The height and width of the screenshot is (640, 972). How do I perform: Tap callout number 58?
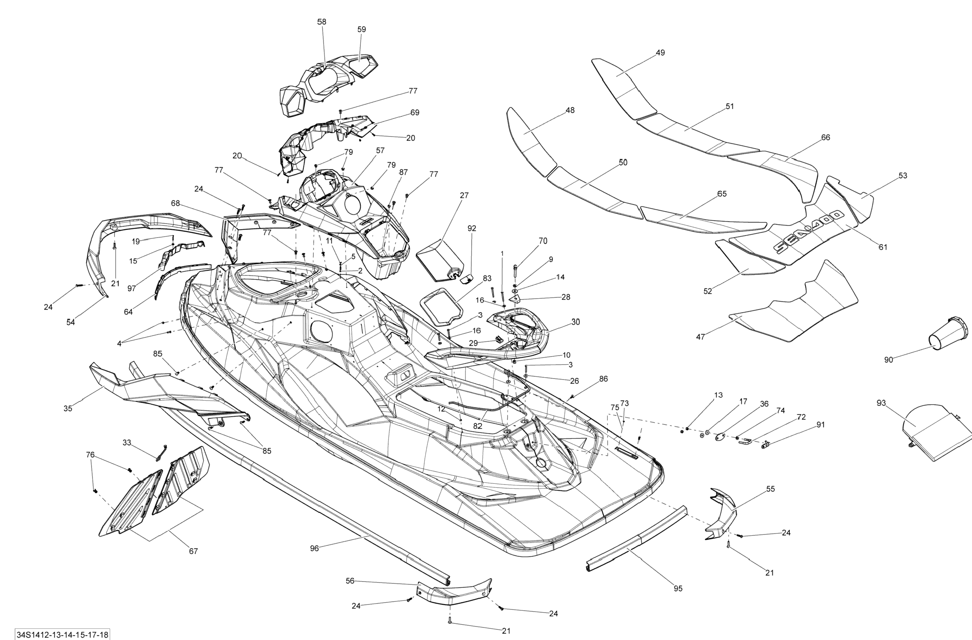pos(322,22)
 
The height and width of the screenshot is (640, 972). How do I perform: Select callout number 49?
pos(660,53)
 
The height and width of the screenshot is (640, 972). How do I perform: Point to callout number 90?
pos(888,360)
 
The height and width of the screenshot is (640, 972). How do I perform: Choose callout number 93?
pos(881,403)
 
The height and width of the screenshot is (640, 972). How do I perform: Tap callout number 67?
pos(193,551)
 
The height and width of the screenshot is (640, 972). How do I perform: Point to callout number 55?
pos(770,489)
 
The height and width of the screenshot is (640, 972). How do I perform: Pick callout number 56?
pos(350,581)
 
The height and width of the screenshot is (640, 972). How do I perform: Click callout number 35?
pos(68,408)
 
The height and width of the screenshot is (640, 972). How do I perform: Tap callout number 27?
pos(464,195)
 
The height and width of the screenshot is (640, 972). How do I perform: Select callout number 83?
pos(487,278)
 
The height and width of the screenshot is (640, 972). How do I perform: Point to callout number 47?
pos(700,337)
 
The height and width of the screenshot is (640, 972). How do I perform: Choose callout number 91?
pos(821,425)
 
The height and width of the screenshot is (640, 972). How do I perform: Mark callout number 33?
pos(127,443)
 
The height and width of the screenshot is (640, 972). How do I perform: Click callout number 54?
pos(71,322)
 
